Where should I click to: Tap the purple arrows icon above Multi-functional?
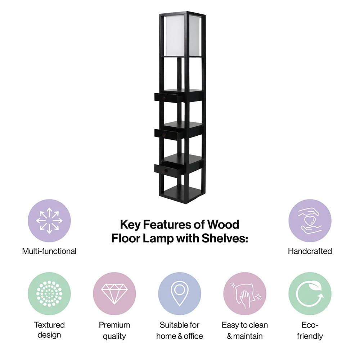[49, 221]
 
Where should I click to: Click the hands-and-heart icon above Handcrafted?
[310, 221]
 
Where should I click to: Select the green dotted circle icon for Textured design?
[49, 294]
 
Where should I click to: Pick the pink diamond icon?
[114, 294]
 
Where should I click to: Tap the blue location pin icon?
[180, 294]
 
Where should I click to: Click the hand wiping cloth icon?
[245, 294]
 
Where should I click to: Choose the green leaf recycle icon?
[310, 294]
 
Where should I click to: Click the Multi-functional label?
[49, 251]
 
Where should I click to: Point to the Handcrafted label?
[310, 251]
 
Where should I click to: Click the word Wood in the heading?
[223, 225]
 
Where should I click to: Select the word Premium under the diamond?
[114, 325]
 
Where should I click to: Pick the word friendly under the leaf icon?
[310, 336]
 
